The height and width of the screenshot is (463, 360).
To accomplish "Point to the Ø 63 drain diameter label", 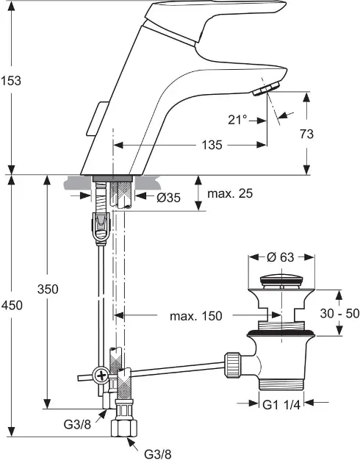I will pos(283,257).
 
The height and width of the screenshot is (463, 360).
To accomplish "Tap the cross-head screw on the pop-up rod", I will pos(98,377).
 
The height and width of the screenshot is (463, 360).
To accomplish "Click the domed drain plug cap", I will pos(283,280).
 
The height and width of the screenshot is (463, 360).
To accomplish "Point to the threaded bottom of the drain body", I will pos(283,382).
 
